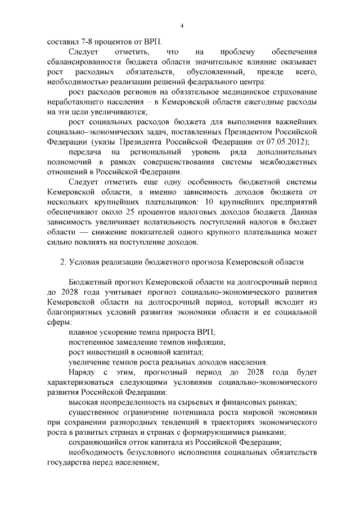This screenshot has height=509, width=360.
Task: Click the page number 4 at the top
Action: (x=182, y=26)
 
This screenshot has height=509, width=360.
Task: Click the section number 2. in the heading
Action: (x=64, y=263)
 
